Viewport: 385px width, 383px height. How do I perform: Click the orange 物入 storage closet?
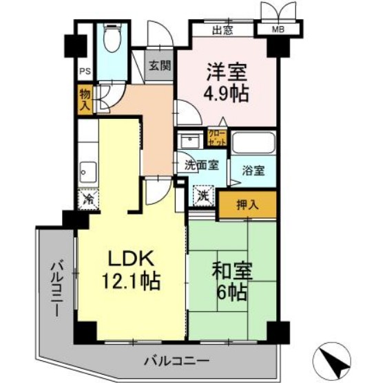(x=85, y=100)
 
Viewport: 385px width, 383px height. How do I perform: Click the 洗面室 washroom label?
(x=202, y=165)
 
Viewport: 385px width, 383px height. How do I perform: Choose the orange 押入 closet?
(x=248, y=204)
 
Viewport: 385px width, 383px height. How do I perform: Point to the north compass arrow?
(x=342, y=358)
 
